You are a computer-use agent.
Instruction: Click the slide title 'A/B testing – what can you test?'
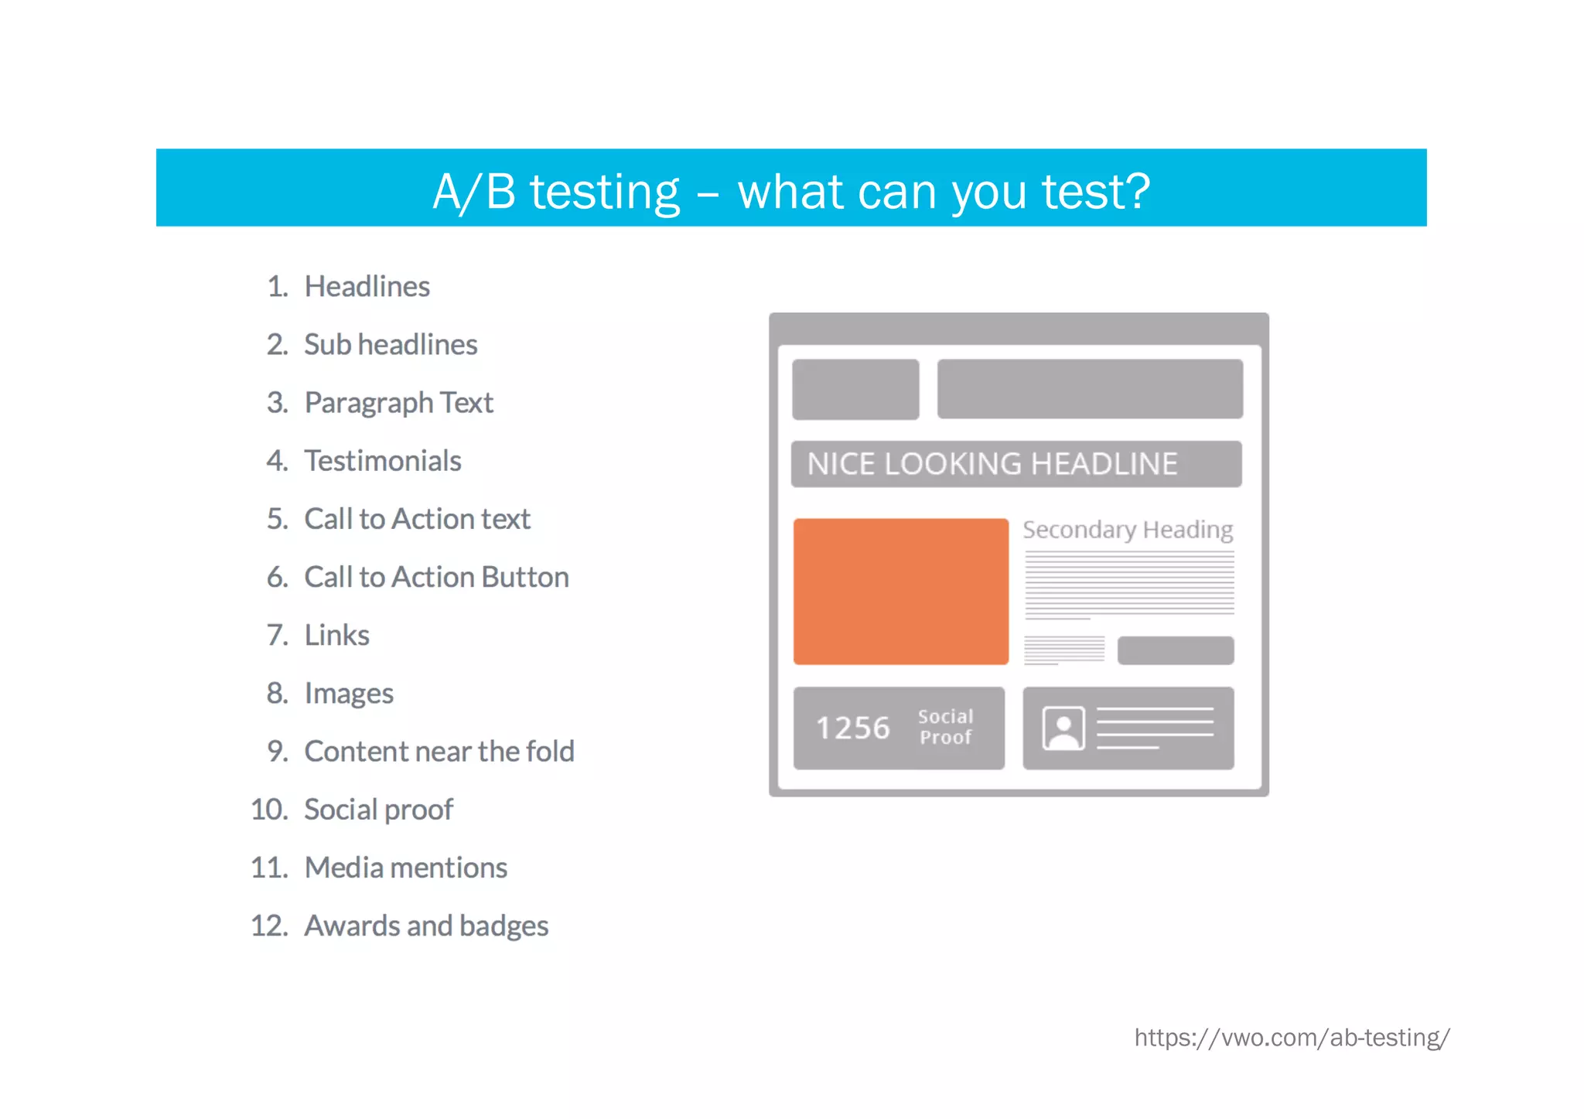[x=791, y=191]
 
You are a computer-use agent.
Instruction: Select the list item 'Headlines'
[x=367, y=287]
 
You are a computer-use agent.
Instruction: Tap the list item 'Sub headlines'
[x=391, y=345]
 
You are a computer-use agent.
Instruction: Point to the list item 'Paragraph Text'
[x=398, y=403]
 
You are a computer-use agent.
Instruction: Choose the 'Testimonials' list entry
[x=383, y=461]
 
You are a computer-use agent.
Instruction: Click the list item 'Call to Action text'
[x=417, y=519]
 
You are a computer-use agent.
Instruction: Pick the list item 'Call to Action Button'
[x=436, y=577]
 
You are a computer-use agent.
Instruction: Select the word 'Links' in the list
[x=336, y=636]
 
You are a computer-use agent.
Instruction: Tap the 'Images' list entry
[x=349, y=694]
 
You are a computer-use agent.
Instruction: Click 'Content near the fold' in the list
[x=439, y=752]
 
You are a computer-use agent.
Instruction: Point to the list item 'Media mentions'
[x=406, y=868]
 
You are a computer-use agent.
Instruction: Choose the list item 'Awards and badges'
[x=426, y=926]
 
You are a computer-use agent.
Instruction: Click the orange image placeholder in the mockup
[x=901, y=592]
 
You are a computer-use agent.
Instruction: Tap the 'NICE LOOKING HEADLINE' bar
[x=1016, y=464]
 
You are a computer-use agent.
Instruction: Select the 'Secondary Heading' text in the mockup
[x=1128, y=530]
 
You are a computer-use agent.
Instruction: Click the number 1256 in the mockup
[x=853, y=728]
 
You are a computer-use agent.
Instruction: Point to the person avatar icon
[x=1063, y=728]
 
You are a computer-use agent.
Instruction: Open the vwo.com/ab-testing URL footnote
[x=1292, y=1038]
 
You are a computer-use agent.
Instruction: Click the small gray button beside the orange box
[x=1175, y=650]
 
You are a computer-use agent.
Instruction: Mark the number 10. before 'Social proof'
[x=269, y=810]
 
